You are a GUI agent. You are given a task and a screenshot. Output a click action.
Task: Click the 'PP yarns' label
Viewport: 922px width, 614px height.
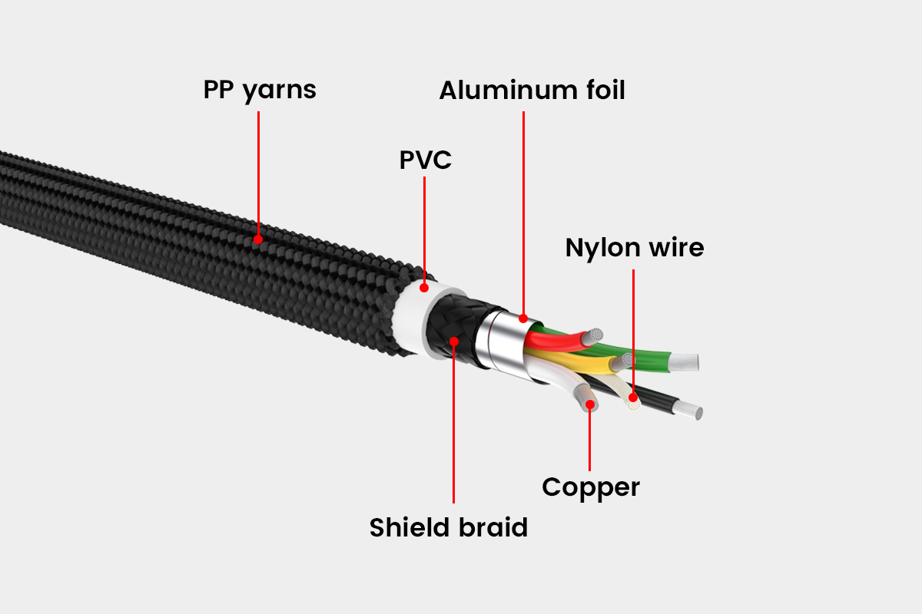259,91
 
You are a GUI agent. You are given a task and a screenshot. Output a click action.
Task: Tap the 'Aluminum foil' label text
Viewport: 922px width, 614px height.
532,91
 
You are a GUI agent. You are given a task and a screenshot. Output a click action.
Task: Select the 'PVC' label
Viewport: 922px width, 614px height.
425,160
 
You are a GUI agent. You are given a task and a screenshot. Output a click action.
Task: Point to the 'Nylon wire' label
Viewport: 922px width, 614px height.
634,248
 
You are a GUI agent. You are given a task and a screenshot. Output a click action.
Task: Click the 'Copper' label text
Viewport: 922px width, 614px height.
590,487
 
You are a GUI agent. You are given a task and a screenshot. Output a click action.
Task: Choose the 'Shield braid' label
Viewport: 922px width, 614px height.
448,528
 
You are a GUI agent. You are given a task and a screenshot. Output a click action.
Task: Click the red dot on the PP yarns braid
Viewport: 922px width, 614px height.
258,239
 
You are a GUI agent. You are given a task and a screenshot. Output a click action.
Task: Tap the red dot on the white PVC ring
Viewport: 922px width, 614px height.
424,289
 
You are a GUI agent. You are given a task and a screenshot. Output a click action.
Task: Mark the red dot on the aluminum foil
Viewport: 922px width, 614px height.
523,317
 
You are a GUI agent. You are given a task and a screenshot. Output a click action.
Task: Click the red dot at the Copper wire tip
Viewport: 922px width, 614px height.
590,404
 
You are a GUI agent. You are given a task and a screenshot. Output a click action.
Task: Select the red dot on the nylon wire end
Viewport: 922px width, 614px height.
633,398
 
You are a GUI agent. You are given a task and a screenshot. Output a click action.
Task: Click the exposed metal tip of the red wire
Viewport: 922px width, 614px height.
593,335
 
